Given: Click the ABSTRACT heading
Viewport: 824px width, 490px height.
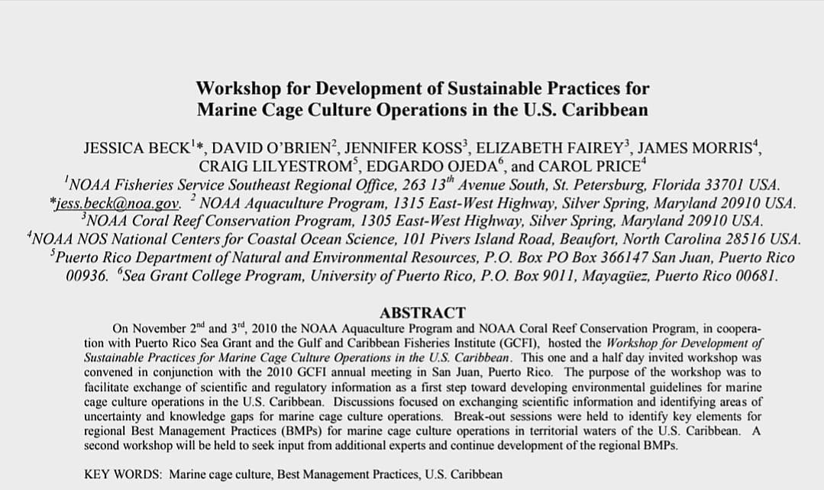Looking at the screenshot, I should [422, 312].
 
